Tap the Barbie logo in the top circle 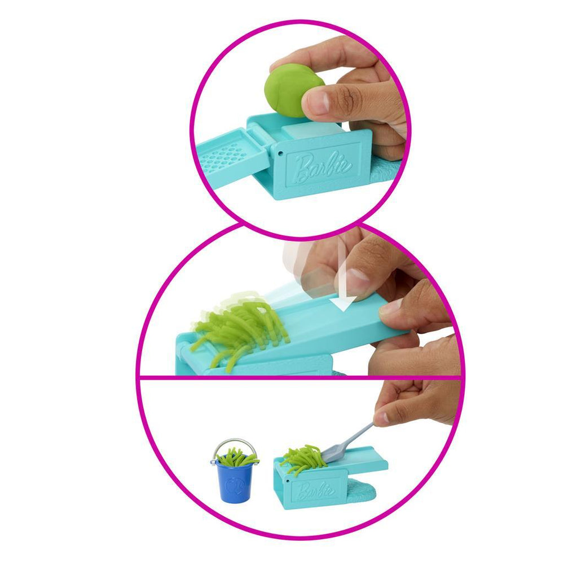click(322, 167)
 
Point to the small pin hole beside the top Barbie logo click(280, 153)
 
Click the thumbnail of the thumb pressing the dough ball click(318, 100)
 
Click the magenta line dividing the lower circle click(301, 378)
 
